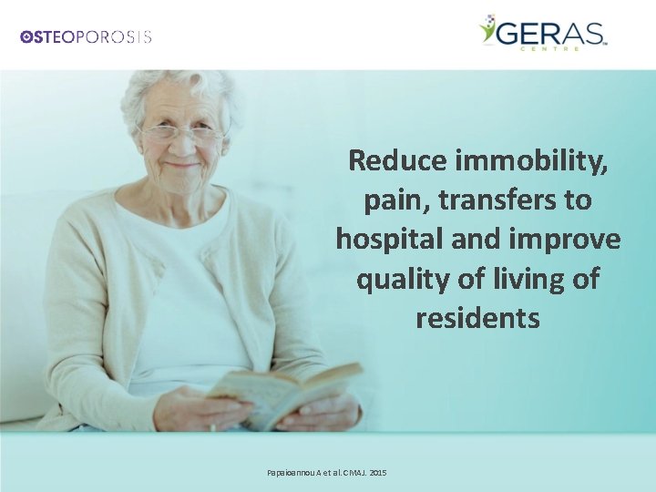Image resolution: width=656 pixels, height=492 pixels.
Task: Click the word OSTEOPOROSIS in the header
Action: coord(86,36)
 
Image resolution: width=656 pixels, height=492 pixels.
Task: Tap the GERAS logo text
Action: coord(552,34)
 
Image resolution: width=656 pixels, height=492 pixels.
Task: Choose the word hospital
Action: coord(392,239)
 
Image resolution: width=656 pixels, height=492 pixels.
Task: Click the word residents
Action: coord(477,319)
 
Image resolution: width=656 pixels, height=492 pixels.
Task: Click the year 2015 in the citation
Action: coord(377,473)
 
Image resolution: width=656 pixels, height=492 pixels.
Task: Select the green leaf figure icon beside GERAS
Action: coord(487,29)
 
